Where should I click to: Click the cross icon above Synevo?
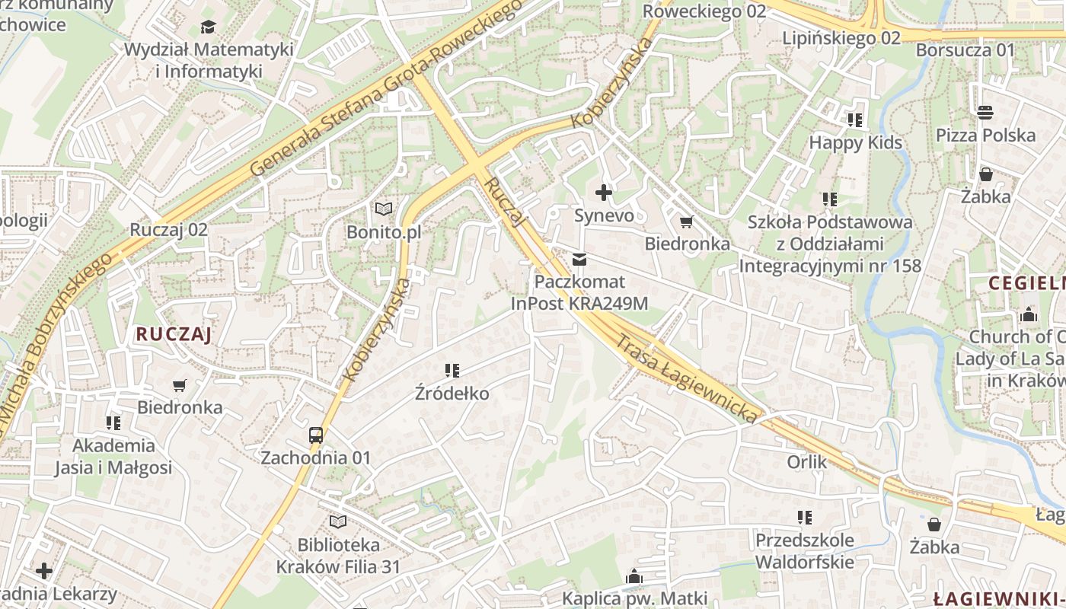(604, 193)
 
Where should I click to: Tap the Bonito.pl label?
(384, 231)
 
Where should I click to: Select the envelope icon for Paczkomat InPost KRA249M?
(580, 260)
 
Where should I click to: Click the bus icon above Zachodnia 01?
(316, 435)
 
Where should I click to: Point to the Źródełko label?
(452, 394)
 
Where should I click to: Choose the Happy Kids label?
(855, 142)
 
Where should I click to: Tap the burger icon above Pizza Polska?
(985, 113)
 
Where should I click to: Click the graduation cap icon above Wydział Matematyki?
(208, 27)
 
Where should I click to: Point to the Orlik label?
(806, 461)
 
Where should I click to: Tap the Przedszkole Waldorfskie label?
(804, 551)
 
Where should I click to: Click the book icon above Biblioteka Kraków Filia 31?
(338, 522)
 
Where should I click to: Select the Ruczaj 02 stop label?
(168, 229)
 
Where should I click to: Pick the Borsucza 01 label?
(965, 50)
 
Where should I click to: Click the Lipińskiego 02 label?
(841, 37)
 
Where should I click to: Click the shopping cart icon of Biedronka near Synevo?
(686, 222)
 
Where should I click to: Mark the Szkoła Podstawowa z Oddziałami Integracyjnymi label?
(830, 244)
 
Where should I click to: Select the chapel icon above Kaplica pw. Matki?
(634, 577)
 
